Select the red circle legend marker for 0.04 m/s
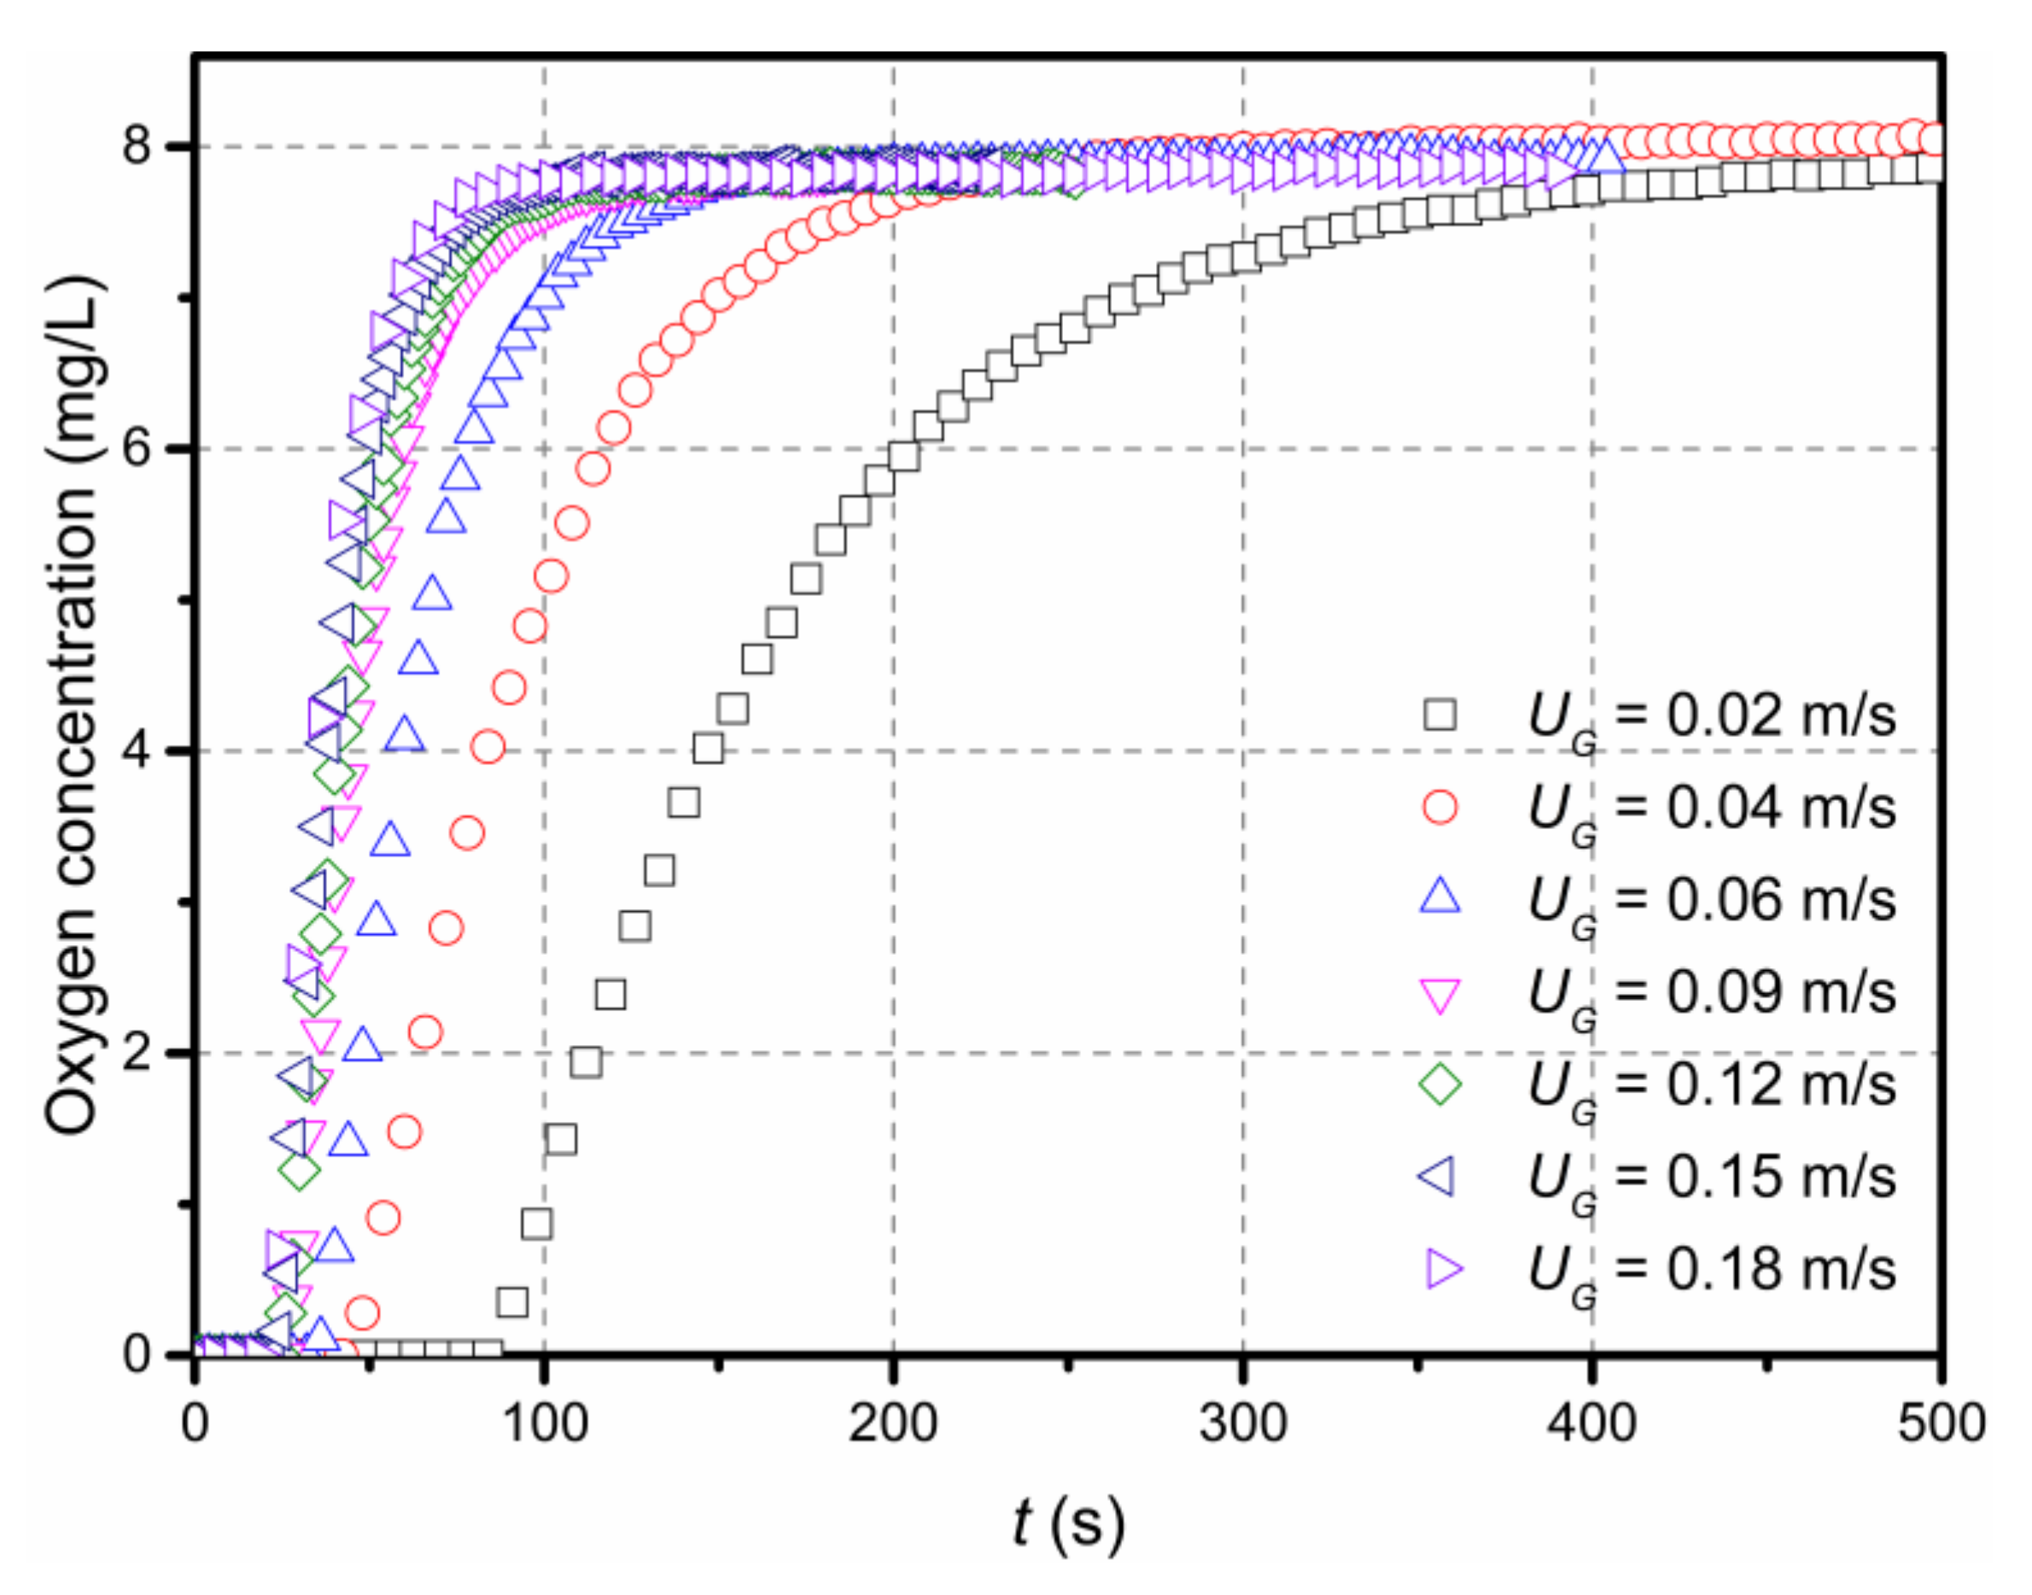click(1440, 807)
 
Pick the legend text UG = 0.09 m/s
click(1710, 991)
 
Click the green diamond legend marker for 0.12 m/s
click(1440, 1084)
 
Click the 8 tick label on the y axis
click(137, 146)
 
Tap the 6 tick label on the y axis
click(137, 448)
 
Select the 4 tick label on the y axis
click(137, 751)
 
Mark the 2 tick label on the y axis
click(137, 1053)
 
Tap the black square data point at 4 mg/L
click(709, 749)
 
